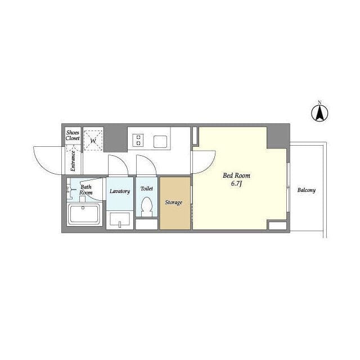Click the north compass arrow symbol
pyautogui.click(x=319, y=113)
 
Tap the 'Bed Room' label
pyautogui.click(x=236, y=175)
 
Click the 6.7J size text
pyautogui.click(x=236, y=184)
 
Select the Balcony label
pyautogui.click(x=306, y=190)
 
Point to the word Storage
pyautogui.click(x=174, y=202)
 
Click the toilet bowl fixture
pyautogui.click(x=147, y=206)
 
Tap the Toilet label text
pyautogui.click(x=147, y=188)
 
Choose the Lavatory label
pyautogui.click(x=120, y=191)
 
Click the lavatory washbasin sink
pyautogui.click(x=120, y=220)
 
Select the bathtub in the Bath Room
pyautogui.click(x=84, y=214)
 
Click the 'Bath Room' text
pyautogui.click(x=86, y=190)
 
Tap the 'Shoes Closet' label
pyautogui.click(x=73, y=136)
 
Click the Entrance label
pyautogui.click(x=73, y=161)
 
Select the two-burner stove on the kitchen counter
pyautogui.click(x=138, y=140)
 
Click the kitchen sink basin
pyautogui.click(x=160, y=142)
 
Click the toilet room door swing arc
pyautogui.click(x=149, y=161)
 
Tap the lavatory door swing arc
pyautogui.click(x=121, y=161)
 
